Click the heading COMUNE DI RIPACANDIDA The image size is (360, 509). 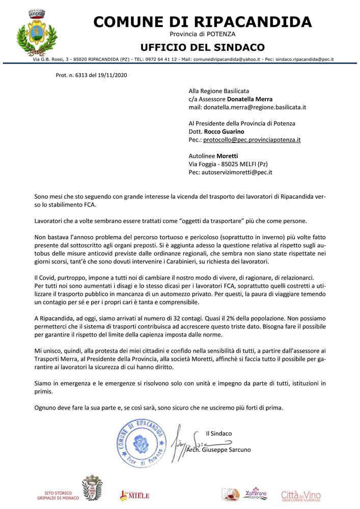(x=203, y=21)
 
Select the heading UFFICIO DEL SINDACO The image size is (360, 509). (x=203, y=47)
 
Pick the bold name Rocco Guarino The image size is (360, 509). (x=224, y=131)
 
